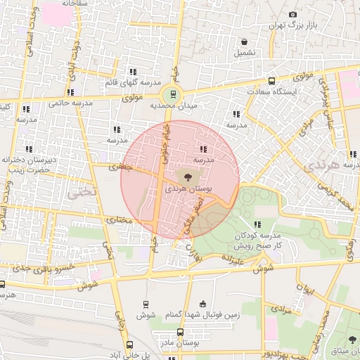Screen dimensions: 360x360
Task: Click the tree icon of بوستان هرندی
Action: coord(188,176)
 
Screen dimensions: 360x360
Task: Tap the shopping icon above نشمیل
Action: coord(243,41)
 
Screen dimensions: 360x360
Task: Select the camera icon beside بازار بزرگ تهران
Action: coord(292,14)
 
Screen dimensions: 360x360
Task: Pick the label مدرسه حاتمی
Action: coord(71,103)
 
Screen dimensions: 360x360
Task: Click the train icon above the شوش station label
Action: coord(146,304)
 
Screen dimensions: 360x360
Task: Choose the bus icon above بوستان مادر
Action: coord(180,332)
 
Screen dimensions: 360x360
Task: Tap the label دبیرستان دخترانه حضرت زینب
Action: coord(27,165)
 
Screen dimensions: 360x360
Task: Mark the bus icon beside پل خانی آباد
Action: coord(129,345)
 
